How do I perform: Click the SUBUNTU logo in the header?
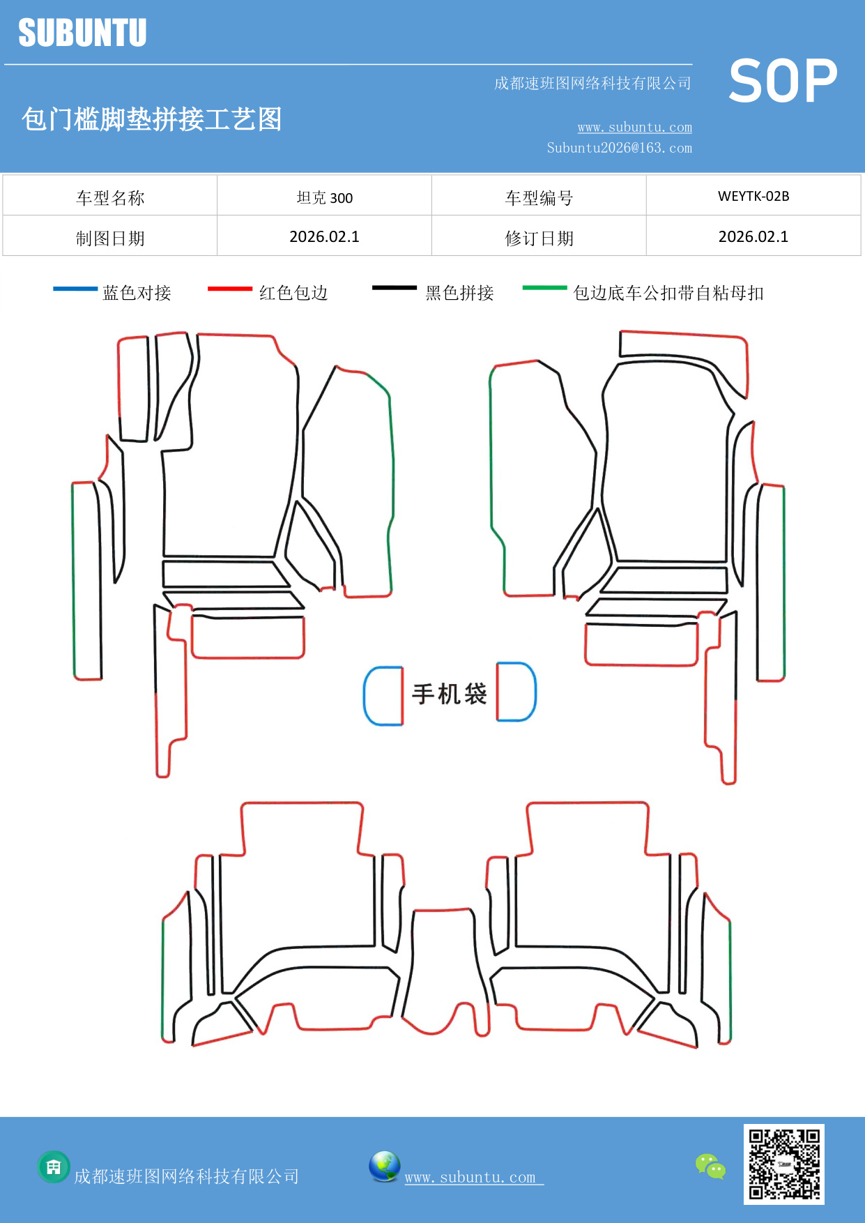coord(82,33)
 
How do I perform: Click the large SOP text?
coord(783,81)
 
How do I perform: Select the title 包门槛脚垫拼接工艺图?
coord(151,119)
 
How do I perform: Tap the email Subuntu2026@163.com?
coord(619,148)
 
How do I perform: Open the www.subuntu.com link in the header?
coord(634,127)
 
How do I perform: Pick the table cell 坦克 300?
coord(324,197)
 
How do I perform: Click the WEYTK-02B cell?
coord(753,196)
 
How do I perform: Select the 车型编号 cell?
coord(539,198)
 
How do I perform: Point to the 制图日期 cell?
coord(110,238)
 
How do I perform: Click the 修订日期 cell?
coord(539,238)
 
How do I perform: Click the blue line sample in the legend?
coord(75,289)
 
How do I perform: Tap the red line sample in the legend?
coord(229,289)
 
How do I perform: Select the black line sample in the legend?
coord(394,288)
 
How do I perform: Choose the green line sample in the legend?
coord(544,287)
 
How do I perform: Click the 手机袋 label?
coord(449,694)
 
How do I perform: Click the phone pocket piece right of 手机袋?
coord(516,692)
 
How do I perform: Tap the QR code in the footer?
coord(783,1164)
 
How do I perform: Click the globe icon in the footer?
coord(384,1166)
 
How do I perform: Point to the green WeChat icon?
coord(710,1166)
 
